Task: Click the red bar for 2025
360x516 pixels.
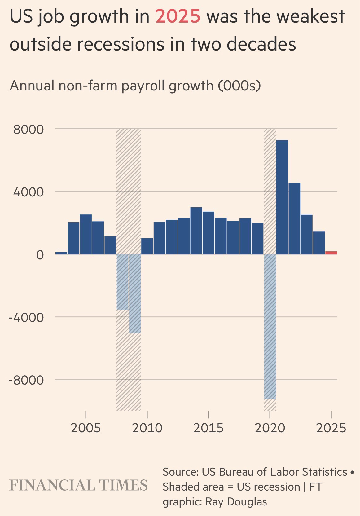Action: (331, 253)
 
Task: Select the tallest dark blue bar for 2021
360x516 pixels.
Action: (282, 197)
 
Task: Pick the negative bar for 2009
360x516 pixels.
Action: (135, 293)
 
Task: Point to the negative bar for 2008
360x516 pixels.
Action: (122, 282)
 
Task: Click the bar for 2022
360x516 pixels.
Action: (294, 218)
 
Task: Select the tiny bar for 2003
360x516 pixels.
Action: (61, 253)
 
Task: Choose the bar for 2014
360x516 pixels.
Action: (196, 231)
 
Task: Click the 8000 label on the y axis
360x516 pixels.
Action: (28, 129)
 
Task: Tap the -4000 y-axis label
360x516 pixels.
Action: (26, 317)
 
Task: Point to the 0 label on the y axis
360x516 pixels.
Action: (40, 255)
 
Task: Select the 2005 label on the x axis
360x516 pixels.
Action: (86, 428)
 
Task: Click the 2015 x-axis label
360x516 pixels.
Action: (209, 428)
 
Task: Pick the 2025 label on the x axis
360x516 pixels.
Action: (331, 428)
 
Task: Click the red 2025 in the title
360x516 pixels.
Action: (178, 16)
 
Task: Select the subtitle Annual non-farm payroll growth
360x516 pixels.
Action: (135, 86)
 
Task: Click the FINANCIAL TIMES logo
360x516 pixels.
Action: (79, 485)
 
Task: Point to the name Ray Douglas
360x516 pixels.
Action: (236, 501)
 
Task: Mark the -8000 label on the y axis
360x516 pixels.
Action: (26, 380)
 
